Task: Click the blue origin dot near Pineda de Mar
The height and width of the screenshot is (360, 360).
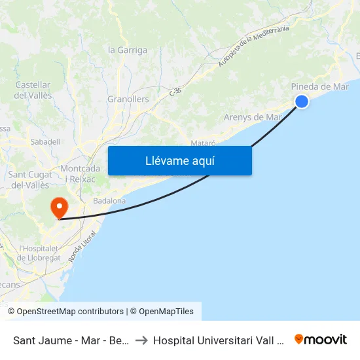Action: [302, 101]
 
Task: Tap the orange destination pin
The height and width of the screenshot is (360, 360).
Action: [60, 208]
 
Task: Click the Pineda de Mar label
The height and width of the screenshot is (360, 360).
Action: [319, 86]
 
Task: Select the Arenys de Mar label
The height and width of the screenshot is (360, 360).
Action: [253, 117]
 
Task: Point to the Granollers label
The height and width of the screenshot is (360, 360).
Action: [128, 99]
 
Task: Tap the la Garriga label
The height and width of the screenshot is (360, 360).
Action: [128, 50]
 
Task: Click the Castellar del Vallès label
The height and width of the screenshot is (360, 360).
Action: [33, 90]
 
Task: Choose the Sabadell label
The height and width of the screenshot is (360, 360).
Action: [45, 141]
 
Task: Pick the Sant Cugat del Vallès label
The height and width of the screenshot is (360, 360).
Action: [29, 179]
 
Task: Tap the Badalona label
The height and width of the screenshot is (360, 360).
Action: [109, 201]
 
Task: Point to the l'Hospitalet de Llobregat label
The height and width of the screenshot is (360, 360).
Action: [39, 253]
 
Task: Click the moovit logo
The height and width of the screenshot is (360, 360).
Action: [320, 339]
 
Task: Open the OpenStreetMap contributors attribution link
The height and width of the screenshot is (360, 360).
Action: [70, 312]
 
